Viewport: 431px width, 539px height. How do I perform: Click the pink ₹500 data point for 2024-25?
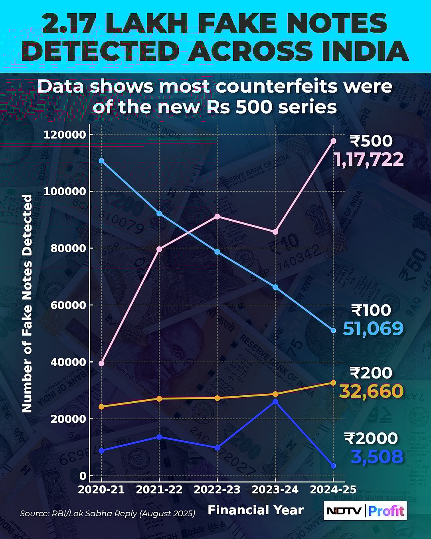[x=333, y=141]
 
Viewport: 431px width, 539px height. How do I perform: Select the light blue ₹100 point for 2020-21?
[x=101, y=161]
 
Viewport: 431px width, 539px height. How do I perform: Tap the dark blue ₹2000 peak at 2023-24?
[x=275, y=402]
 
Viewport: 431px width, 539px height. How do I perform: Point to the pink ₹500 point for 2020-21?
[x=101, y=363]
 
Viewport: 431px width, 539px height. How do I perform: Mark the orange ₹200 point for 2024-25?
[x=333, y=383]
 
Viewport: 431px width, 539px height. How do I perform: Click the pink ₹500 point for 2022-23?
[x=217, y=216]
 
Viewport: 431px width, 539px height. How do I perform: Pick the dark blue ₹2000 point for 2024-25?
[x=333, y=466]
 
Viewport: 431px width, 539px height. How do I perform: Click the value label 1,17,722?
[x=369, y=160]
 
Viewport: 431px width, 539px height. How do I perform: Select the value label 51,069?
[x=373, y=329]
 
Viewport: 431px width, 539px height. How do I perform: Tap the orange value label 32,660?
[x=371, y=391]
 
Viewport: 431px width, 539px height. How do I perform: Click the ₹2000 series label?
[x=371, y=438]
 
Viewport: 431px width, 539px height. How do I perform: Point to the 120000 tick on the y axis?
[x=65, y=135]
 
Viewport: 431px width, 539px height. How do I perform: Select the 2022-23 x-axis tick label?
[x=217, y=489]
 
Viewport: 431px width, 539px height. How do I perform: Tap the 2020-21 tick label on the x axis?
[x=101, y=489]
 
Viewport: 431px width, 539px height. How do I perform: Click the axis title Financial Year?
[x=256, y=510]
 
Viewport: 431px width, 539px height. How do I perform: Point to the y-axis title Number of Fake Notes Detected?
[x=27, y=303]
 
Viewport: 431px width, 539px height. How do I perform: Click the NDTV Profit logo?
[x=365, y=511]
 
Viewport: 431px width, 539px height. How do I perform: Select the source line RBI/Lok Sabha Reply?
[x=107, y=513]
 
